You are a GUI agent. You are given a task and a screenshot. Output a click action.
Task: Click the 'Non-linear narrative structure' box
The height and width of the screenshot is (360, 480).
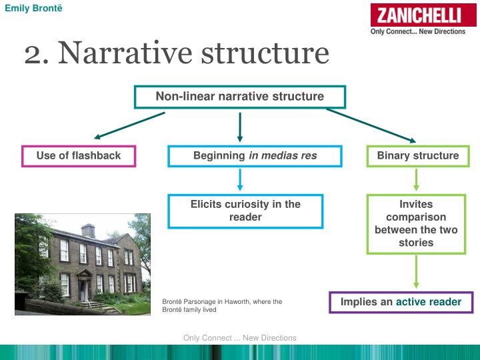click(x=240, y=97)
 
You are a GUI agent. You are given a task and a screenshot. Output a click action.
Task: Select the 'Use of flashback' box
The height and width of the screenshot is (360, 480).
click(x=79, y=156)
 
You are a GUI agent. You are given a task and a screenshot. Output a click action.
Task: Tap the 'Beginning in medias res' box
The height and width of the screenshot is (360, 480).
click(x=255, y=156)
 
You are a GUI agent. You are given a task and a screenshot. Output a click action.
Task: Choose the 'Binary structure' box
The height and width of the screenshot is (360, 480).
click(x=418, y=156)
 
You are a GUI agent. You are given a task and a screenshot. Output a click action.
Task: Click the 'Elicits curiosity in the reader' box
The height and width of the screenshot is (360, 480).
click(x=245, y=211)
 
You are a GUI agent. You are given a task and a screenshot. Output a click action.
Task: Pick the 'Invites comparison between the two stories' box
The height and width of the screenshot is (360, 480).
click(x=416, y=223)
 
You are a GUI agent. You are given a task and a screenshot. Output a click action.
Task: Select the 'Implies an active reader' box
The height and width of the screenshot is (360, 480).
click(x=401, y=302)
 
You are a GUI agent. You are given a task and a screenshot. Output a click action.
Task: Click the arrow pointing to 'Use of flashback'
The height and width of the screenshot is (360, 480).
click(x=129, y=125)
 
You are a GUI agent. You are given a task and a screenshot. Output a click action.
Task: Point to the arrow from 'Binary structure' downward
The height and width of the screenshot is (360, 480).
click(x=417, y=179)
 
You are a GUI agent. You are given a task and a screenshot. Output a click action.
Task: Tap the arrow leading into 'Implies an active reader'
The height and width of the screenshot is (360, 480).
click(x=417, y=272)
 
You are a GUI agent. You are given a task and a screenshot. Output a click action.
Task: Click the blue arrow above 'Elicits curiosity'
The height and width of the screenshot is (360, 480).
click(x=240, y=179)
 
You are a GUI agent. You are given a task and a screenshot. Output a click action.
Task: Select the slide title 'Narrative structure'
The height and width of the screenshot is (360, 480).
click(x=193, y=53)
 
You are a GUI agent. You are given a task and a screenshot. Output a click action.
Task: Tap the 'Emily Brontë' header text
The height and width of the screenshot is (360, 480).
click(x=29, y=8)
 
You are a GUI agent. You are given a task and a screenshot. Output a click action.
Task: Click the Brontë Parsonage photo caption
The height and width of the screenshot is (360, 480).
click(x=222, y=305)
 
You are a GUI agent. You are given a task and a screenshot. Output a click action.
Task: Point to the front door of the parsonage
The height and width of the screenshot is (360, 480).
click(x=83, y=289)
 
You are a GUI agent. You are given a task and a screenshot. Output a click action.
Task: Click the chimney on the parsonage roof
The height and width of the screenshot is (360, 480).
click(x=88, y=230)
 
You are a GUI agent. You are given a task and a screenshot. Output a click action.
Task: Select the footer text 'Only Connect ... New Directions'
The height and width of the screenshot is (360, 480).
click(x=239, y=338)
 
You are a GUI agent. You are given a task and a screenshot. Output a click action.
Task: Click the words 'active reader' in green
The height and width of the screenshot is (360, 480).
click(x=429, y=302)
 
